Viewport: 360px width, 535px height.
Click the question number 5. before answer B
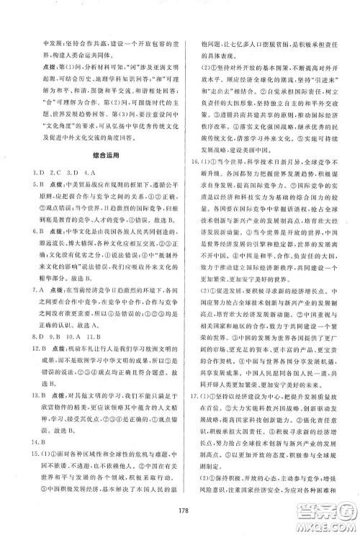pyautogui.click(x=22, y=187)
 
